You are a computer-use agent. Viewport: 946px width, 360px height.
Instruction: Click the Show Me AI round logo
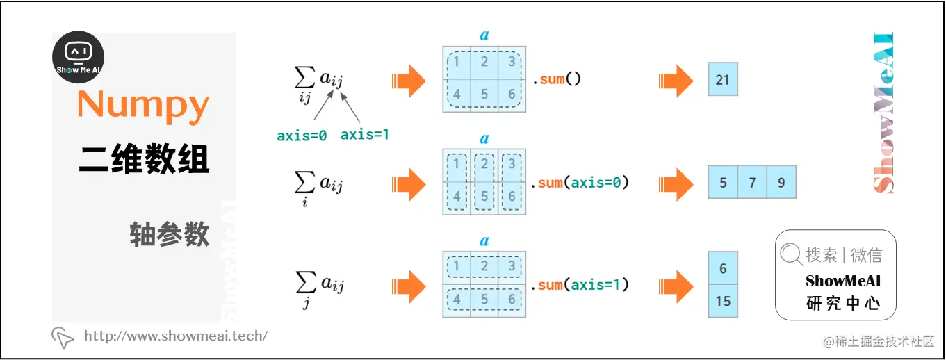coord(79,58)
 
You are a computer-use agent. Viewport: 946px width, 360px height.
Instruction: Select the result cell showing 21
coord(723,79)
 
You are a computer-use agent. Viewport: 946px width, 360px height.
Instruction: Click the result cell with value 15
coord(723,302)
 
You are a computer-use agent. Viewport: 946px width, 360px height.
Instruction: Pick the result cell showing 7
coord(752,183)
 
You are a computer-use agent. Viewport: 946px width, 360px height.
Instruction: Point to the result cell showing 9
coord(781,183)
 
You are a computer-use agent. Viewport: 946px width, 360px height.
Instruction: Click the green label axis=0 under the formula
coord(302,136)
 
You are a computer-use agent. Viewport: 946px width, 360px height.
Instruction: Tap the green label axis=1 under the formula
coord(364,135)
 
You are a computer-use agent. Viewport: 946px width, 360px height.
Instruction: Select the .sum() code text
coord(556,79)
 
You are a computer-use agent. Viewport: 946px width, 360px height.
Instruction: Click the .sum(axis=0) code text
coord(580,183)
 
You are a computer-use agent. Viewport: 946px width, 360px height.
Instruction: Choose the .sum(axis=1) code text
coord(580,284)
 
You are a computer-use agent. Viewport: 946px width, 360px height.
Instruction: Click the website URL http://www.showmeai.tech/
coord(175,336)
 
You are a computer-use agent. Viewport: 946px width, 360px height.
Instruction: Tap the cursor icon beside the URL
coord(63,337)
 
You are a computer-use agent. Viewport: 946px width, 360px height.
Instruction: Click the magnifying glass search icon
coord(791,255)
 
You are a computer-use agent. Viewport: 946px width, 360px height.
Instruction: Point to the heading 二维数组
coord(144,159)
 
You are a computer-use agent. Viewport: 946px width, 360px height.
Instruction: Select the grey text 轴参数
coord(169,235)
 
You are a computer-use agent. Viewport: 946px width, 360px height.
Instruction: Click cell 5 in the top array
coord(484,95)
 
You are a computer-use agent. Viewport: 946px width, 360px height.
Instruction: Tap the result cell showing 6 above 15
coord(723,268)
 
